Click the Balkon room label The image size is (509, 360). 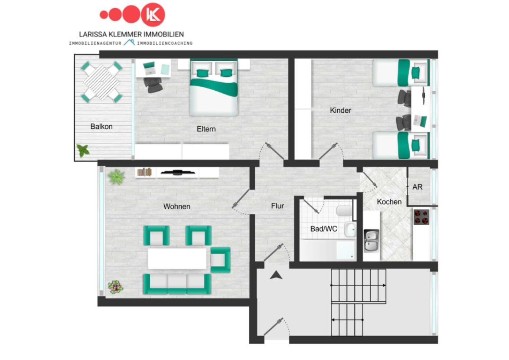pos(101,127)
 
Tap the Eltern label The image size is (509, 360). pos(206,129)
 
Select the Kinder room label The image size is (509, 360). pos(340,110)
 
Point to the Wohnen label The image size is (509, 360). pos(176,206)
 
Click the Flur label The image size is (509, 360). pos(277,206)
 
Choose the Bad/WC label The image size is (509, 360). pos(323,229)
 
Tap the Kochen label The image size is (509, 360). pos(389,202)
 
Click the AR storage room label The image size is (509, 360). pos(418,187)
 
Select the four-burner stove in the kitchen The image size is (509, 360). pos(421,217)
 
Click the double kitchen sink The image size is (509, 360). pos(372,241)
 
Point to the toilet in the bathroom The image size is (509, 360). pos(345,211)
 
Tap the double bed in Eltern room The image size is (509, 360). pos(214,87)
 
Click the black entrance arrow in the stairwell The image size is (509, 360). pos(276,275)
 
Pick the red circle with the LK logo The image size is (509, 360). pos(153,15)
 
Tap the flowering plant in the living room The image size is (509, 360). pos(115,287)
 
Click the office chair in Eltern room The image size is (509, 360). pos(153,85)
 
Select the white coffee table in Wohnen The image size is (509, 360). pos(177,259)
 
